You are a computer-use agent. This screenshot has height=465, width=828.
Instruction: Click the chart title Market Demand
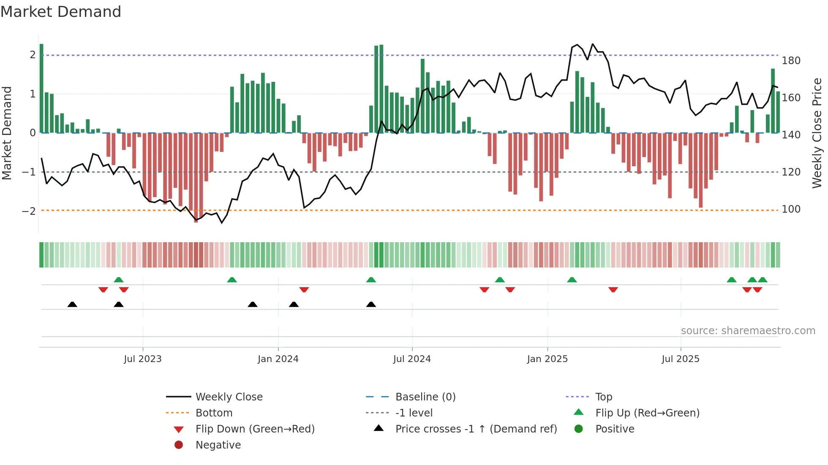[x=61, y=12]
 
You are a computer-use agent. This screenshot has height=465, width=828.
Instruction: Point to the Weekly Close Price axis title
[x=817, y=133]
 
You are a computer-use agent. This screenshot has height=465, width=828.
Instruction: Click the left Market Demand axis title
[x=7, y=133]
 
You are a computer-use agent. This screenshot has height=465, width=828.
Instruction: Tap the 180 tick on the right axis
[x=791, y=61]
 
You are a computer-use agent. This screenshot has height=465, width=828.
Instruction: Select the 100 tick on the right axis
[x=791, y=209]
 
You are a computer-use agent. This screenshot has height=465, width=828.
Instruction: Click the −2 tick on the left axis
[x=29, y=211]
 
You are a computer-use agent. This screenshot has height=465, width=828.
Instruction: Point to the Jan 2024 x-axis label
[x=278, y=359]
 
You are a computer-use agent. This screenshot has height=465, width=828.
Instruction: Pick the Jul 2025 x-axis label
[x=681, y=359]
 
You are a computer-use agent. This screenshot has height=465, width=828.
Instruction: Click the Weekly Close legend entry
[x=229, y=397]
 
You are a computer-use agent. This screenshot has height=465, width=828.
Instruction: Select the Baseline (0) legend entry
[x=425, y=397]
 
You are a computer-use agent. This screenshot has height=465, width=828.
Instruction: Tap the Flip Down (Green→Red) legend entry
[x=255, y=429]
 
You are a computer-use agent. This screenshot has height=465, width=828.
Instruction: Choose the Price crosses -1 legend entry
[x=476, y=429]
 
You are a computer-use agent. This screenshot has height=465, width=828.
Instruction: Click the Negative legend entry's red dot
[x=179, y=445]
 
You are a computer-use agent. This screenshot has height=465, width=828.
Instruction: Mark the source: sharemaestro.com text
[x=748, y=331]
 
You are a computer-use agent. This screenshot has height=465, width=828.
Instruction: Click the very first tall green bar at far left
[x=41, y=89]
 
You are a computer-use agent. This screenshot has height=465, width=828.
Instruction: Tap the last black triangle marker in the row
[x=371, y=304]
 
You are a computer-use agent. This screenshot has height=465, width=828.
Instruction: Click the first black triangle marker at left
[x=72, y=304]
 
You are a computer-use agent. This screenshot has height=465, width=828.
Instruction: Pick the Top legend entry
[x=603, y=397]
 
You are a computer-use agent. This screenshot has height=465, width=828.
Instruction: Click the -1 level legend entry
[x=414, y=413]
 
